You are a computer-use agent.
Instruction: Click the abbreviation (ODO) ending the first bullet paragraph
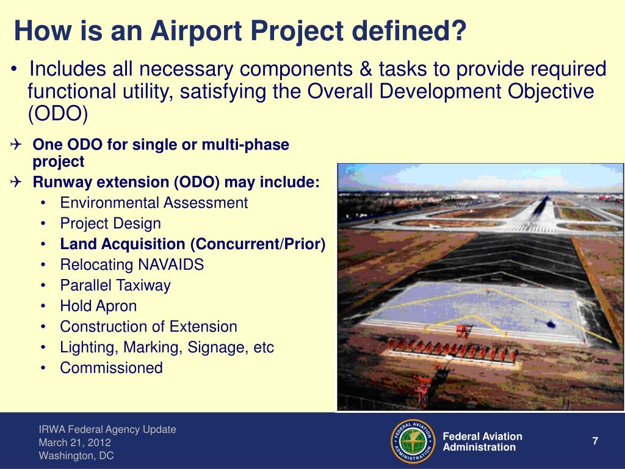[58, 114]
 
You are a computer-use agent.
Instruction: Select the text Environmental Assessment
[154, 203]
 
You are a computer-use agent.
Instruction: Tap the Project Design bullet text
[110, 224]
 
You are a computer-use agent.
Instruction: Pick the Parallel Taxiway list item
[115, 286]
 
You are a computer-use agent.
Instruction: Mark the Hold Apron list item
[98, 306]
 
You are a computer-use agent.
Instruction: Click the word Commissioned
[111, 368]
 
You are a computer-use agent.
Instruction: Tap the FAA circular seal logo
[413, 441]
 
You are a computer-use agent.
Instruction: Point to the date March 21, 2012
[75, 443]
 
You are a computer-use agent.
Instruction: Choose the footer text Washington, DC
[76, 456]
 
